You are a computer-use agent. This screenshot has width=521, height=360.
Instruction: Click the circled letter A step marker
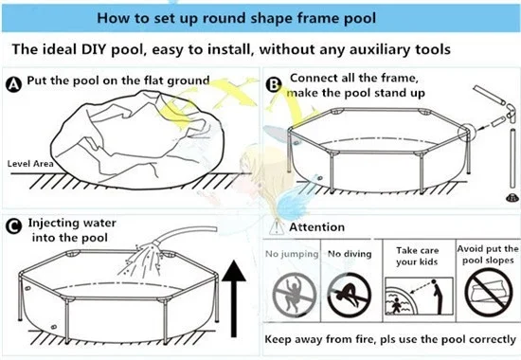pos(13,84)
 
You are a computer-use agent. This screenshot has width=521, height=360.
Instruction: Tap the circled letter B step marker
pos(274,84)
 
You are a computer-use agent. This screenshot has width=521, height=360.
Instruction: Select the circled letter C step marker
pos(13,226)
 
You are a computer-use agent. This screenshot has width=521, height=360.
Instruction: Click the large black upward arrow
pos(234,298)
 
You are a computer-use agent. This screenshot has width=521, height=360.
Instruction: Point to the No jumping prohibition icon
pos(294,295)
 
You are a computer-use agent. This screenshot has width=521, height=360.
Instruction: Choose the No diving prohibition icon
pos(349,295)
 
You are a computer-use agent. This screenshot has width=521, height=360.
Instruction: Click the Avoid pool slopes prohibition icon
pos(489,291)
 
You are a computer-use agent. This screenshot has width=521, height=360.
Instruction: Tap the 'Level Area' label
pos(30,164)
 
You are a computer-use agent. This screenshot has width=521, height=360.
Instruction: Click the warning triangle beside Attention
pos(276,227)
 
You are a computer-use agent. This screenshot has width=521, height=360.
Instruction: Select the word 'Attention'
pos(317,227)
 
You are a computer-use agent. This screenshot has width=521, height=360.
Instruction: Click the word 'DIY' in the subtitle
pos(94,49)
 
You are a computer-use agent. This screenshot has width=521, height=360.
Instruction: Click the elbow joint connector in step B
pos(510,113)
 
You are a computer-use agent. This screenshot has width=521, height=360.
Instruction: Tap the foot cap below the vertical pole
pos(512,198)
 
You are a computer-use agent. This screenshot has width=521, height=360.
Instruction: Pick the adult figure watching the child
pos(438,297)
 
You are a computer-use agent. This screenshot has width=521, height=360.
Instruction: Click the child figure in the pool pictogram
pos(395,305)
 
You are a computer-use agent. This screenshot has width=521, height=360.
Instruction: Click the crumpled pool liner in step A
pos(137,140)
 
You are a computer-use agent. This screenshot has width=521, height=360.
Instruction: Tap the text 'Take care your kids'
pos(418,256)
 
